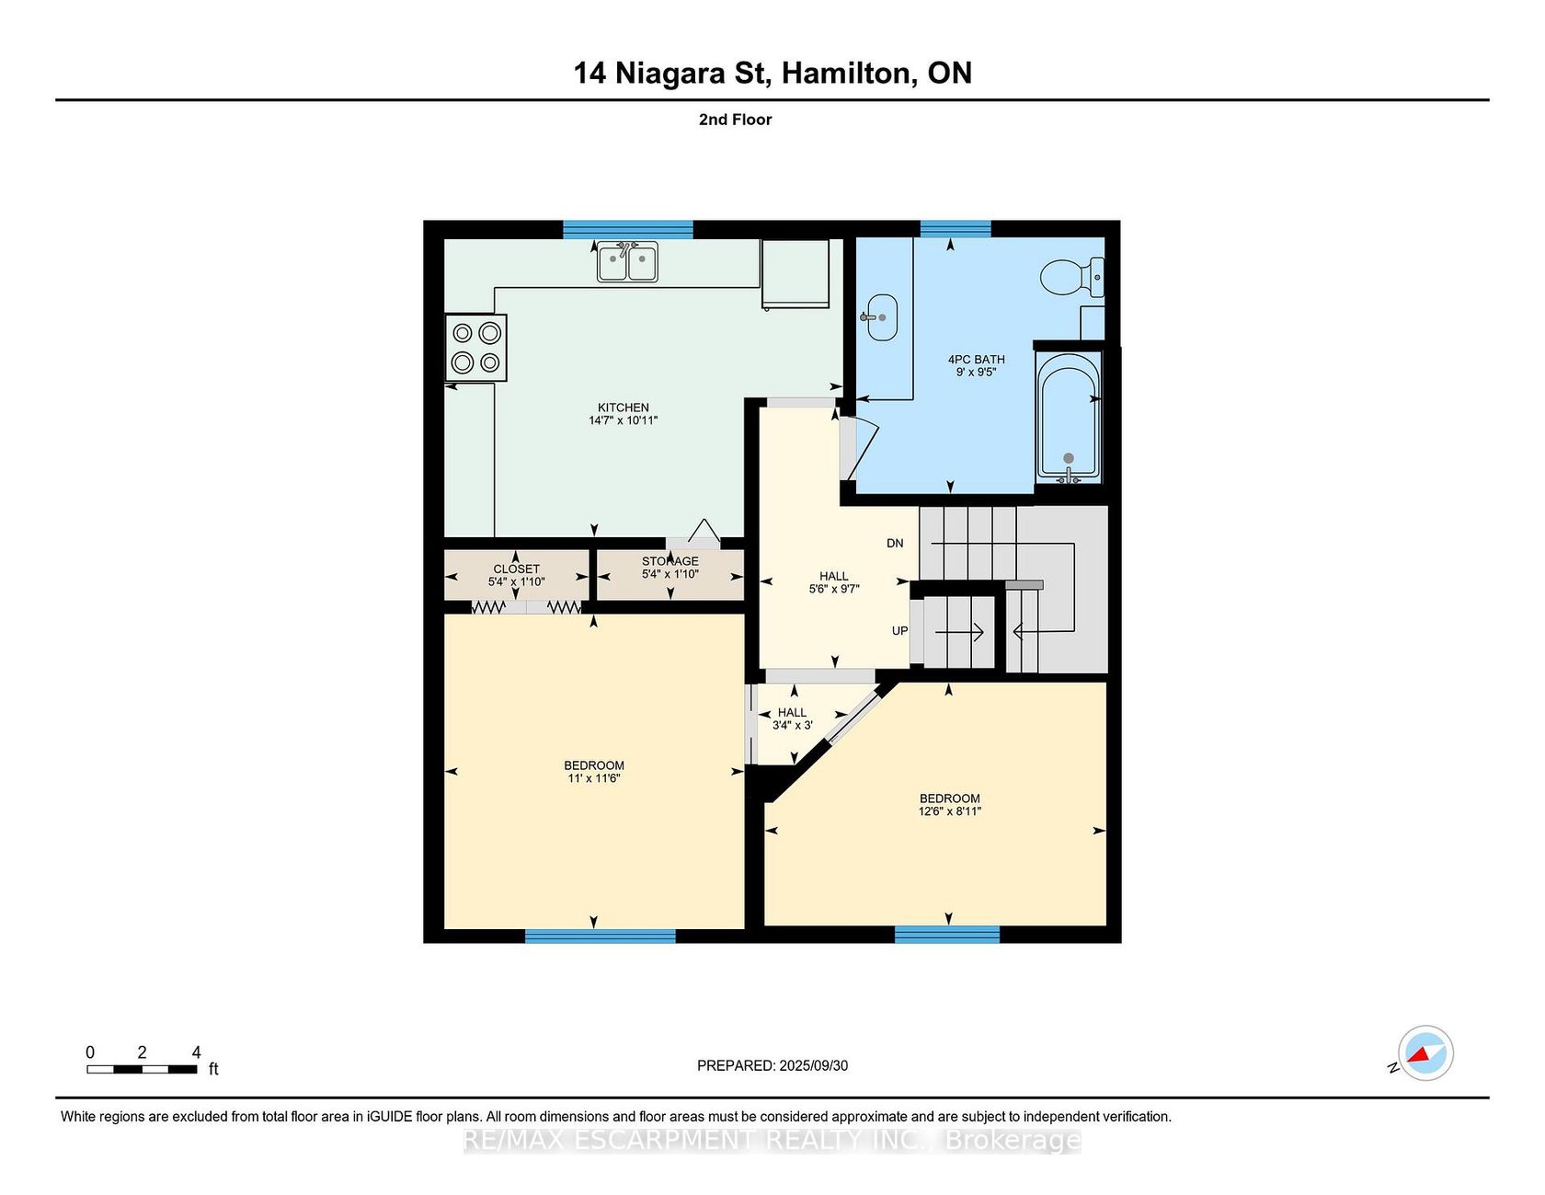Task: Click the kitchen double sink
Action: coord(627,262)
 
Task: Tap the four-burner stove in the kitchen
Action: coord(476,348)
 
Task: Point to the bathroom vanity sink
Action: coord(881,317)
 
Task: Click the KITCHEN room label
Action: coord(624,408)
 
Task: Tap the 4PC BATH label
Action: coord(977,360)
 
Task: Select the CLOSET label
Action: coord(517,569)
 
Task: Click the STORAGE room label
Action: coord(670,561)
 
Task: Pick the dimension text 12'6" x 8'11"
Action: coord(950,811)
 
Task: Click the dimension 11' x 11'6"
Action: coord(594,778)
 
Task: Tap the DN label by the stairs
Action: coord(895,544)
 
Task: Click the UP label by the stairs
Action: coord(899,631)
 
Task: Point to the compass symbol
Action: coord(1425,1053)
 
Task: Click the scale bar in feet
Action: coord(142,1069)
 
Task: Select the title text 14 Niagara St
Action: coord(671,73)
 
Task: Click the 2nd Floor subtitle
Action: coord(735,120)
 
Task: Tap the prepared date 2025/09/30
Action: coord(814,1065)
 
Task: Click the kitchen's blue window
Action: coord(628,229)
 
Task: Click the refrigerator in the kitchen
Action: coord(795,274)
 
